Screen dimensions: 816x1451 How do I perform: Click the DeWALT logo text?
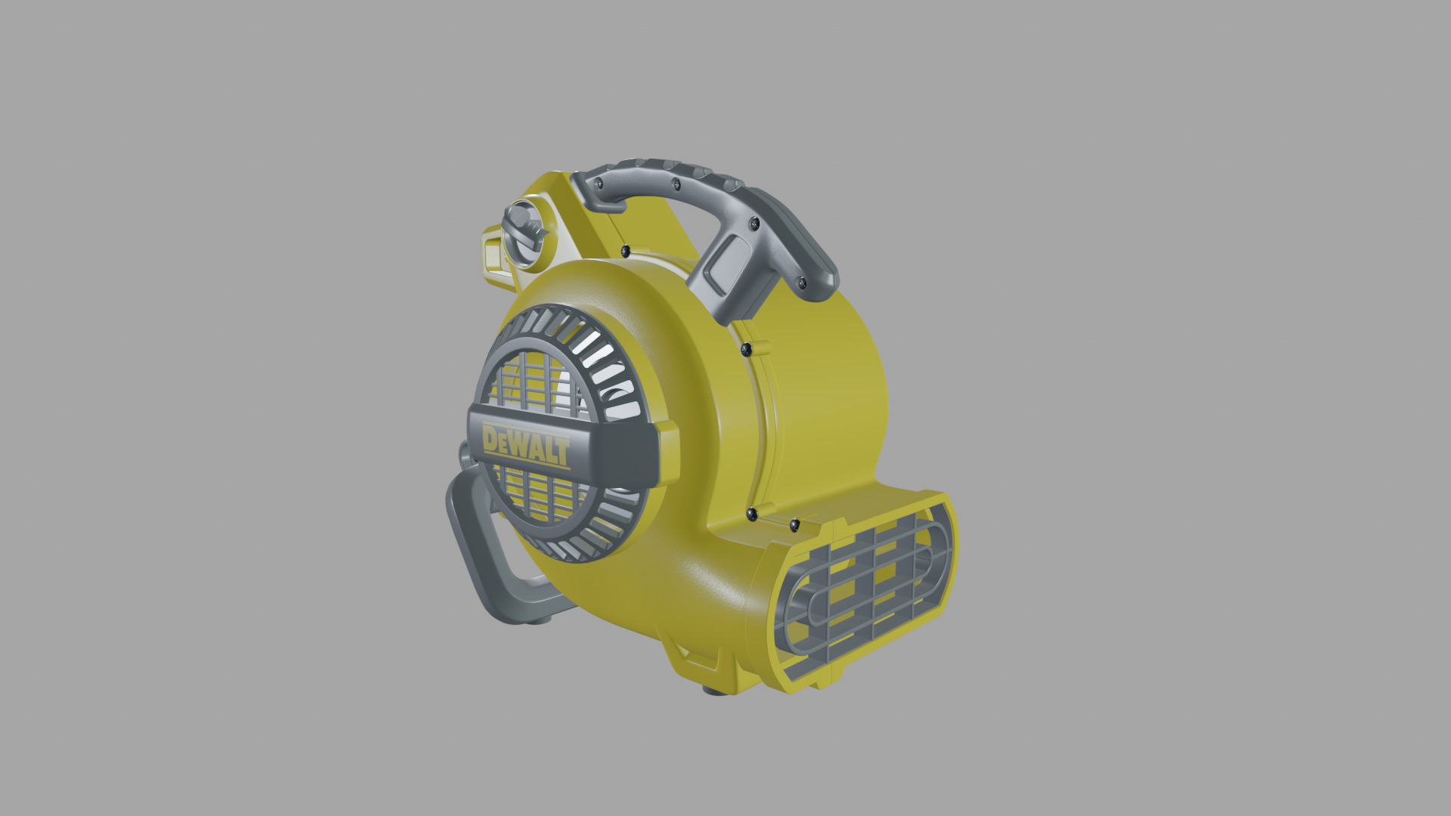click(x=526, y=446)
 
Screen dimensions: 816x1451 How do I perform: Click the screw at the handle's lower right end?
click(x=802, y=283)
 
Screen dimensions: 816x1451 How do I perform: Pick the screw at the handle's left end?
click(x=599, y=183)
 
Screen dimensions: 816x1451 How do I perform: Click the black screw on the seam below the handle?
click(x=746, y=349)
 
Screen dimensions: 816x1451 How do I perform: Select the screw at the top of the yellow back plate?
click(x=625, y=251)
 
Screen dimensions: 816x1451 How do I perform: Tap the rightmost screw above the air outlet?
click(x=794, y=524)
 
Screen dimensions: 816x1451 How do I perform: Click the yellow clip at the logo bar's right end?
click(x=668, y=453)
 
